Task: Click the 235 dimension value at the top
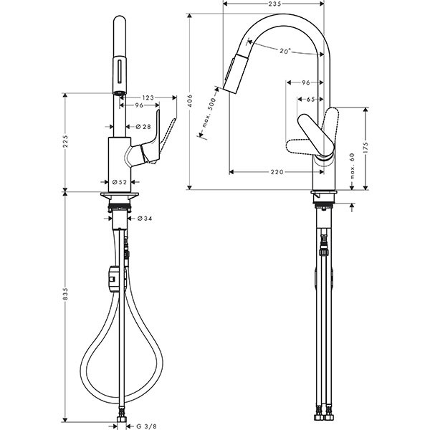click(274, 4)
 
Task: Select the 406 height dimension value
click(190, 101)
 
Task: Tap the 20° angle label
click(285, 51)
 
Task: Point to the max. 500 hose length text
click(210, 113)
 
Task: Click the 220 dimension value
click(277, 172)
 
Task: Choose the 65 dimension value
click(310, 100)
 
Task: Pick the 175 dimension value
click(365, 148)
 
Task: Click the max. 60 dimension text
click(353, 166)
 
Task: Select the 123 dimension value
click(148, 97)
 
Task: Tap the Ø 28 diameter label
click(143, 126)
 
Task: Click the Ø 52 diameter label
click(120, 182)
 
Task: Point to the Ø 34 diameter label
click(145, 219)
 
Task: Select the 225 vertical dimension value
click(65, 141)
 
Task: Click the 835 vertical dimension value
click(65, 294)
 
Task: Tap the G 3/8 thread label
click(146, 426)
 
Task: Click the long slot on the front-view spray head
click(119, 71)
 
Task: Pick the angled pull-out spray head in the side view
click(236, 74)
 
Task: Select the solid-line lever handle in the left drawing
click(150, 141)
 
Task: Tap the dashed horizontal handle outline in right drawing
click(300, 146)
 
